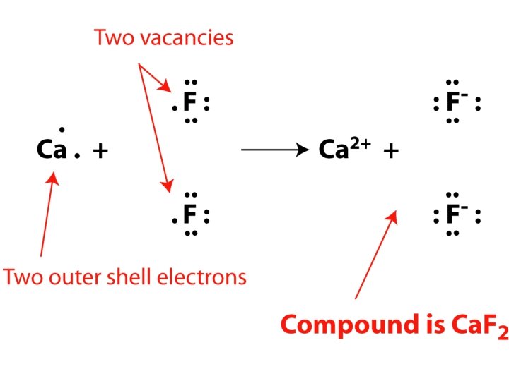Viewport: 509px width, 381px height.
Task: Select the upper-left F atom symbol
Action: pos(189,104)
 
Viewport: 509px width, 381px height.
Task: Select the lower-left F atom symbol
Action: pos(189,213)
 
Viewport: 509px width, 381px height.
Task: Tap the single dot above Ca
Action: pos(62,129)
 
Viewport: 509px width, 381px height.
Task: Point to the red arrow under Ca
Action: pos(48,214)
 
